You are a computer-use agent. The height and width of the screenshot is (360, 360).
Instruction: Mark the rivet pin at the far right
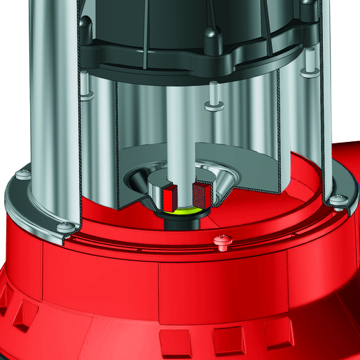coord(305,71)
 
